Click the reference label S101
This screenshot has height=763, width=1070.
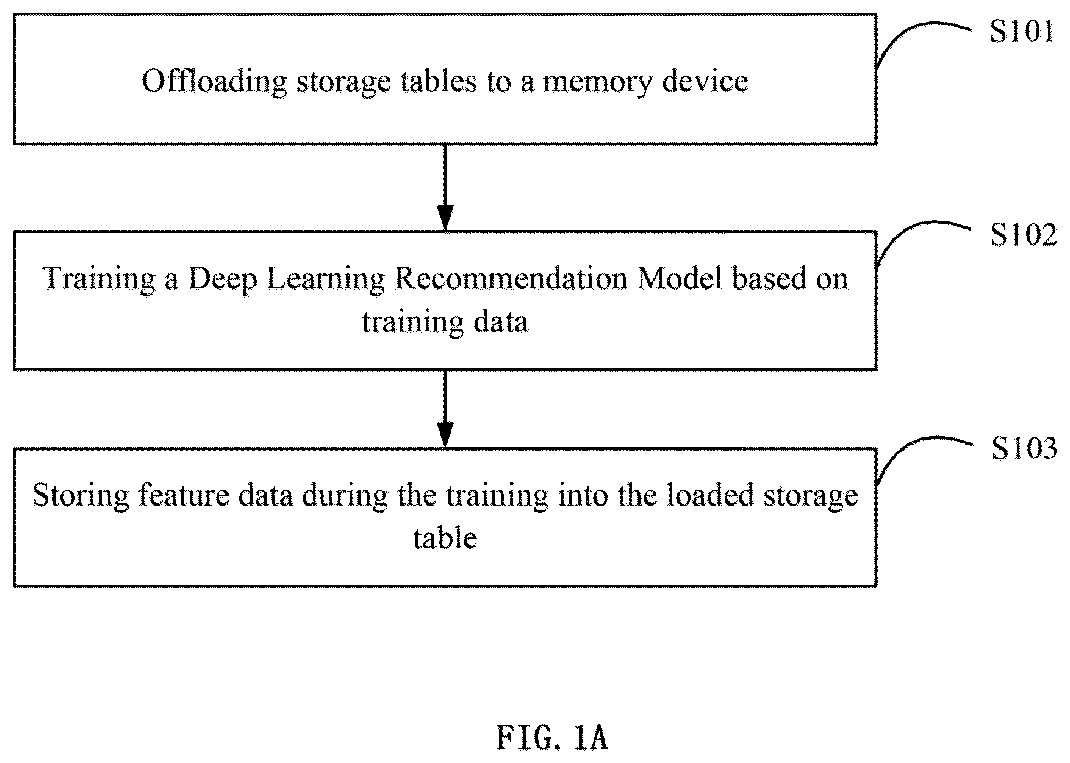pos(1022,32)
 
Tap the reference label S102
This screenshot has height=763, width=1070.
pos(1023,235)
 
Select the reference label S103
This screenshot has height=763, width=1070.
pos(1024,450)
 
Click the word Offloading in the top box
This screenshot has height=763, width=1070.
pos(214,82)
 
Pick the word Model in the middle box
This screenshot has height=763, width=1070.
pos(680,279)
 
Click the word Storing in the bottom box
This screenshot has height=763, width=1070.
pos(81,496)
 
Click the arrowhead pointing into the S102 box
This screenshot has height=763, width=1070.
pos(445,219)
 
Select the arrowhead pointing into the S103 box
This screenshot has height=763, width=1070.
pos(445,435)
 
